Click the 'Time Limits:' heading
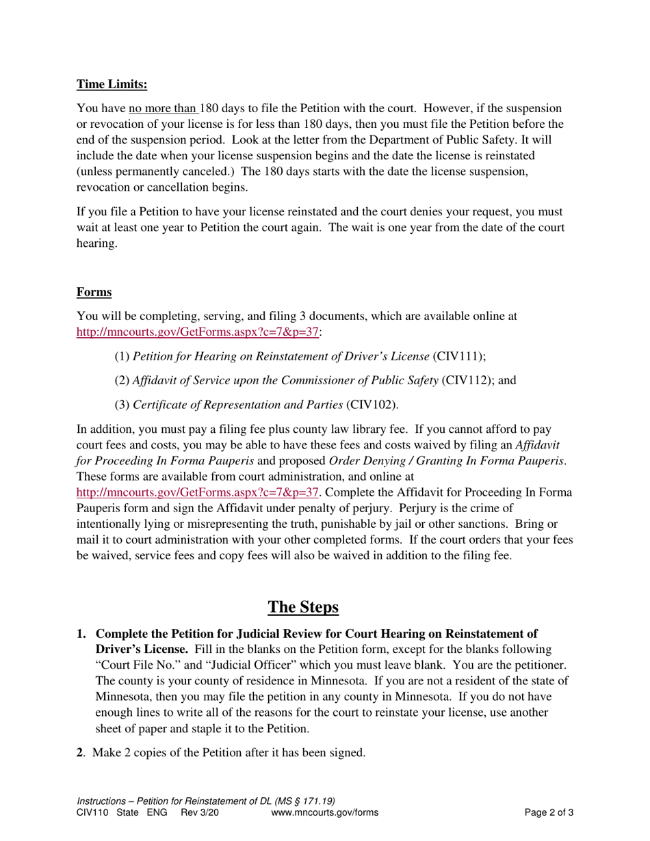(112, 84)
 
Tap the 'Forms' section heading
(94, 292)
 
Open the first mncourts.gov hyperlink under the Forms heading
(198, 332)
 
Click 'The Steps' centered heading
(302, 606)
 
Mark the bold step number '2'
(80, 753)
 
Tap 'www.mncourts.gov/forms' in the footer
(324, 813)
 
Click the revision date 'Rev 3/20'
(200, 813)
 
